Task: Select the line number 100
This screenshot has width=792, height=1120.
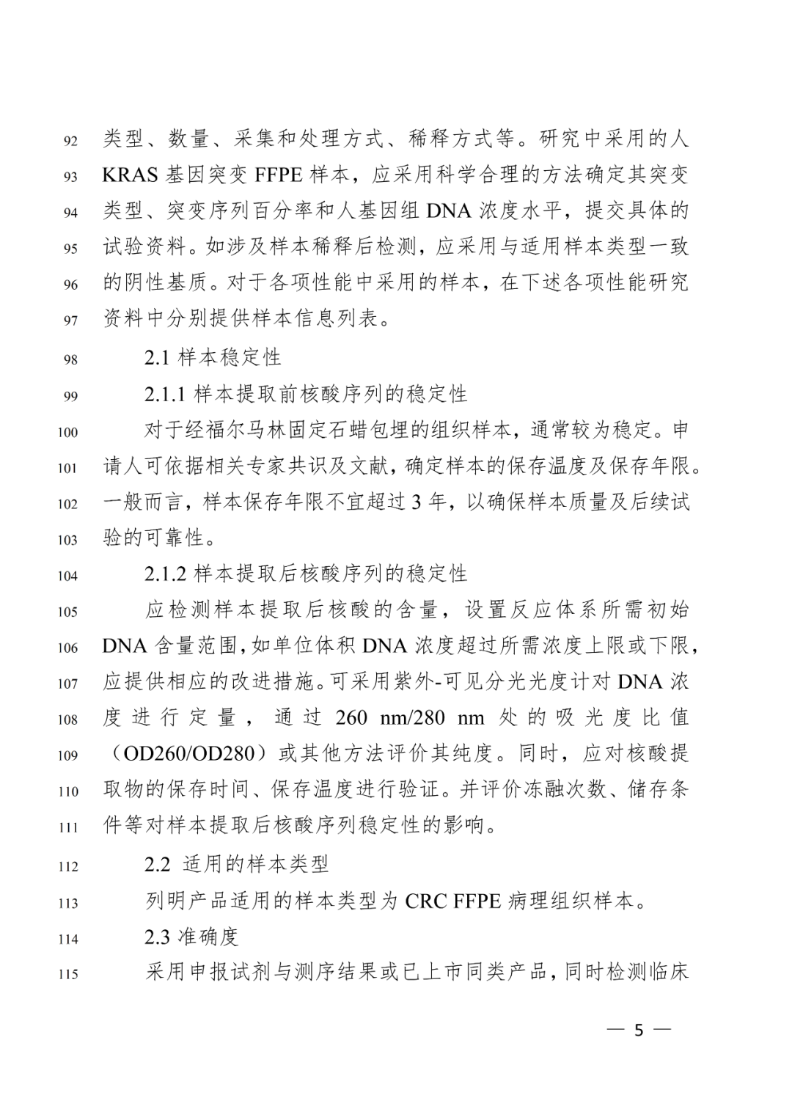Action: click(x=67, y=432)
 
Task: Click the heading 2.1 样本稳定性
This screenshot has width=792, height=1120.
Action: click(x=213, y=358)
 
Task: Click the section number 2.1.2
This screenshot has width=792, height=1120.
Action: click(x=168, y=574)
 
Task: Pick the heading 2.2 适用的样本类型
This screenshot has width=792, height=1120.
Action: click(x=236, y=864)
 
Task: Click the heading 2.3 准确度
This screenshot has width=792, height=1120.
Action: click(x=191, y=937)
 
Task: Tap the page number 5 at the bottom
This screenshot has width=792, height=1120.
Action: click(x=639, y=1030)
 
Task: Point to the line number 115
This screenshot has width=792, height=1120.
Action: click(x=67, y=975)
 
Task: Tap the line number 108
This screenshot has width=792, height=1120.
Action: click(x=67, y=720)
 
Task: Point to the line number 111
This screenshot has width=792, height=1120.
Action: click(x=67, y=827)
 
